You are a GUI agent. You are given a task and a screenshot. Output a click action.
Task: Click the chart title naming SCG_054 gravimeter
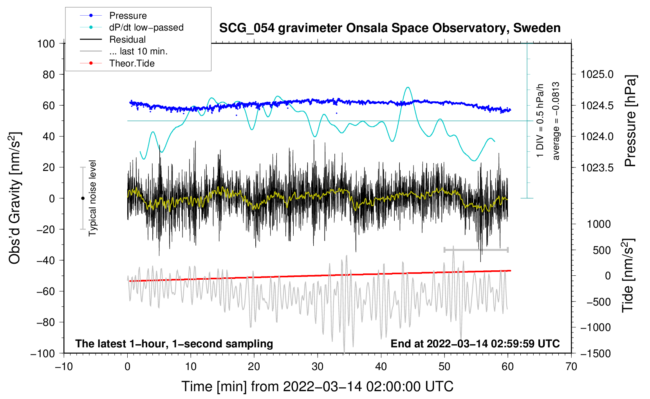390,28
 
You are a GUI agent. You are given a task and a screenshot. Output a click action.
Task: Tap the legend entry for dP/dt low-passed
146,27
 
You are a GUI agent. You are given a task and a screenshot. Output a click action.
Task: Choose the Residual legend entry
127,40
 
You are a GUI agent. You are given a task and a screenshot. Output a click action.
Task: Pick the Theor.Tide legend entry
132,63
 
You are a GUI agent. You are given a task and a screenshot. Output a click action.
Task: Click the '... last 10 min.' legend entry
138,51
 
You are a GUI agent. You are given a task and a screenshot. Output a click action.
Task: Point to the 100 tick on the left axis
46,43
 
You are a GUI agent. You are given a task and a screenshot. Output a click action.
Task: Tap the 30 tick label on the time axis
318,367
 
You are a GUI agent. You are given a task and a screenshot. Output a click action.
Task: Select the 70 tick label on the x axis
571,367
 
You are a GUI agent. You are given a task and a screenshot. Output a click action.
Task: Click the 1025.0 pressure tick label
597,74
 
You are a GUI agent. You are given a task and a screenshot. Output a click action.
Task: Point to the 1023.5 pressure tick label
597,168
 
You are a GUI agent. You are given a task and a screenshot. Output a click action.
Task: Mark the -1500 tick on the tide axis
595,354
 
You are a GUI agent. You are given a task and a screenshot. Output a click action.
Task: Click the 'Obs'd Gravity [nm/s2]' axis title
15,198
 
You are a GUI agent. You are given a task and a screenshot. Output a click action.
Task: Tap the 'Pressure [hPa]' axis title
630,121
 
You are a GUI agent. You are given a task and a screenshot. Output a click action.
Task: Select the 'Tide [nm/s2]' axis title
628,275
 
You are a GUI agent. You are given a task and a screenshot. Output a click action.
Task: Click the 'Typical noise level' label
92,198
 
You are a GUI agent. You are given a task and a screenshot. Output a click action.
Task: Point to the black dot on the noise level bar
83,198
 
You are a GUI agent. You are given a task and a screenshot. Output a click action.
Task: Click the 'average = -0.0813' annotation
556,121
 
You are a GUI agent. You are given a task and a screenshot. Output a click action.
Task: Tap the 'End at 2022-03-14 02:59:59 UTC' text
475,344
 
